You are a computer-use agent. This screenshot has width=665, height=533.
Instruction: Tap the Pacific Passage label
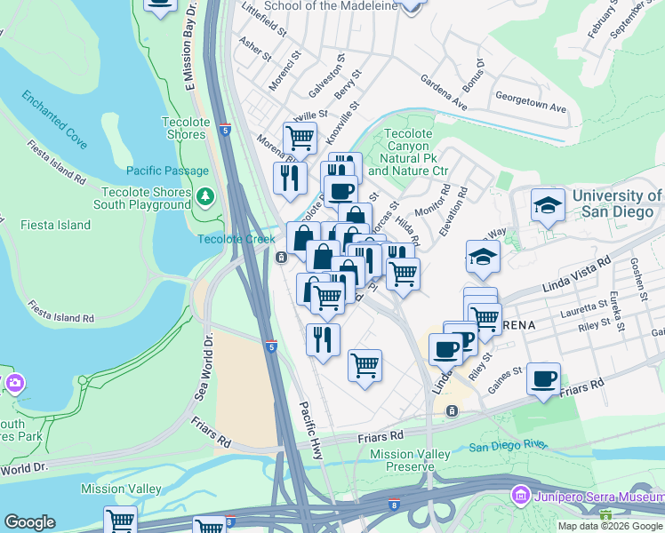pyautogui.click(x=167, y=171)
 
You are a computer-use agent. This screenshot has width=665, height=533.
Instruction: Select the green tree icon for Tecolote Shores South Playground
pyautogui.click(x=206, y=195)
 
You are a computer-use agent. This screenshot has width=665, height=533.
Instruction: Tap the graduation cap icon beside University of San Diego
pyautogui.click(x=548, y=206)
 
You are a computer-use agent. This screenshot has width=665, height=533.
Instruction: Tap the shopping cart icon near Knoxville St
pyautogui.click(x=300, y=139)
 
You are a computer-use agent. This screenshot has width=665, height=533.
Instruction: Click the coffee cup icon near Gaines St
pyautogui.click(x=542, y=378)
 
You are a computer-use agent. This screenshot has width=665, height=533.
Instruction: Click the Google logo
pyautogui.click(x=29, y=522)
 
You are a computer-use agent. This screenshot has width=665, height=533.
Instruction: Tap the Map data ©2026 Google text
pyautogui.click(x=610, y=526)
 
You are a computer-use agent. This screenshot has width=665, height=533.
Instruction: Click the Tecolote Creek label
pyautogui.click(x=229, y=239)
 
